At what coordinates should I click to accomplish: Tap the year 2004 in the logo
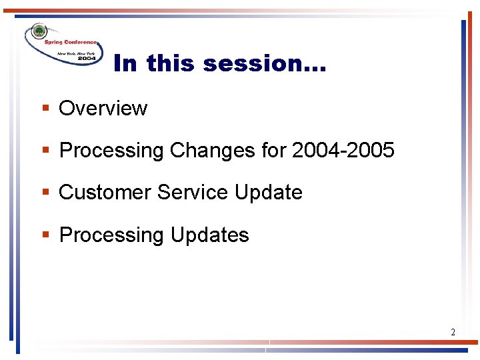(x=86, y=59)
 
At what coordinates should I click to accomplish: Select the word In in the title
(x=126, y=64)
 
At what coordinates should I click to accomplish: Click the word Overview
(x=103, y=109)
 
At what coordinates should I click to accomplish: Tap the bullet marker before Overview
(x=46, y=109)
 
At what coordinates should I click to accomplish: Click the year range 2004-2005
(x=343, y=151)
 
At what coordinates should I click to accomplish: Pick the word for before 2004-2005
(x=274, y=151)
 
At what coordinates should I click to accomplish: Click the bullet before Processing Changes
(x=46, y=151)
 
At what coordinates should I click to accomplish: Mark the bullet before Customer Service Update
(x=46, y=193)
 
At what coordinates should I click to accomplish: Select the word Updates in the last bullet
(x=210, y=235)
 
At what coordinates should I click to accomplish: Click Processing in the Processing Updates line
(x=111, y=235)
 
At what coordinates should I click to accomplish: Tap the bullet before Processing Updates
(x=46, y=235)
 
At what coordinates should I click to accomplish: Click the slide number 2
(x=453, y=332)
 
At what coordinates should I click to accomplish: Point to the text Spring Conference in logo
(x=71, y=42)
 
